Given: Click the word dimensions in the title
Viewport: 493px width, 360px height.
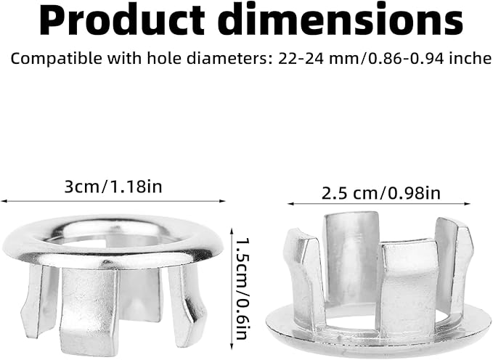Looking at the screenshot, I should coord(341,22).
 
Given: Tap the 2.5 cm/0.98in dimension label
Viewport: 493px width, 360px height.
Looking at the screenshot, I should coord(381,194).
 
